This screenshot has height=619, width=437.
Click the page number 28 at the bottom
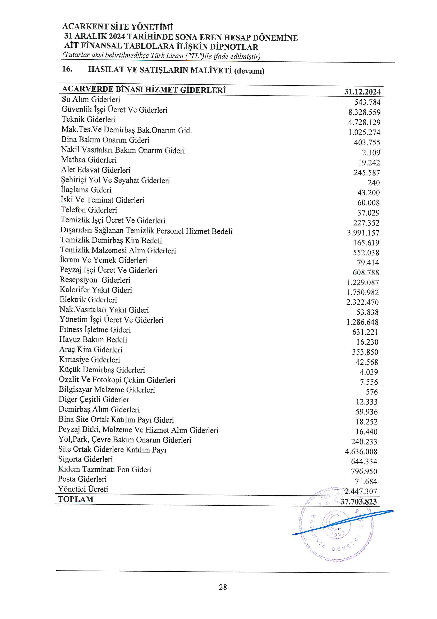click(x=223, y=587)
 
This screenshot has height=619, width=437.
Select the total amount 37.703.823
click(x=358, y=502)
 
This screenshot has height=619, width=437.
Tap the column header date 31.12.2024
click(x=362, y=92)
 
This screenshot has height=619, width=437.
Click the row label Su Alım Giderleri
click(x=91, y=100)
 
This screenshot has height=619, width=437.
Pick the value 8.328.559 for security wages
click(x=364, y=112)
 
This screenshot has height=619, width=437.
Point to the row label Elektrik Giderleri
click(x=88, y=299)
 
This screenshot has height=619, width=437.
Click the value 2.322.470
click(x=362, y=302)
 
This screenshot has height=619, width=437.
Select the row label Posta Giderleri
click(x=82, y=479)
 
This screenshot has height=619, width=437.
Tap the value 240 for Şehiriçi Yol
click(x=374, y=183)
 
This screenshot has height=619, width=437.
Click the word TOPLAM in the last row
click(x=76, y=499)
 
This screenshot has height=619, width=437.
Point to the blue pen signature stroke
click(x=342, y=522)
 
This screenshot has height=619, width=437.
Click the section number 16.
click(x=67, y=69)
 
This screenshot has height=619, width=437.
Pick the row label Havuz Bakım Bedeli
click(x=93, y=339)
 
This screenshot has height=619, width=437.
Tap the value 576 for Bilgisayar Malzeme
click(x=372, y=392)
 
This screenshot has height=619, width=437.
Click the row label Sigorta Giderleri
click(x=85, y=459)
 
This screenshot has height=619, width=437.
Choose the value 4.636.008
click(x=361, y=452)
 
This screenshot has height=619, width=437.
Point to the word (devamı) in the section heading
click(x=249, y=71)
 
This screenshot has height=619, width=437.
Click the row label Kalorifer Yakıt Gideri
click(x=96, y=290)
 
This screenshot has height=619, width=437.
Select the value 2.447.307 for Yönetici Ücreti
click(x=361, y=491)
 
